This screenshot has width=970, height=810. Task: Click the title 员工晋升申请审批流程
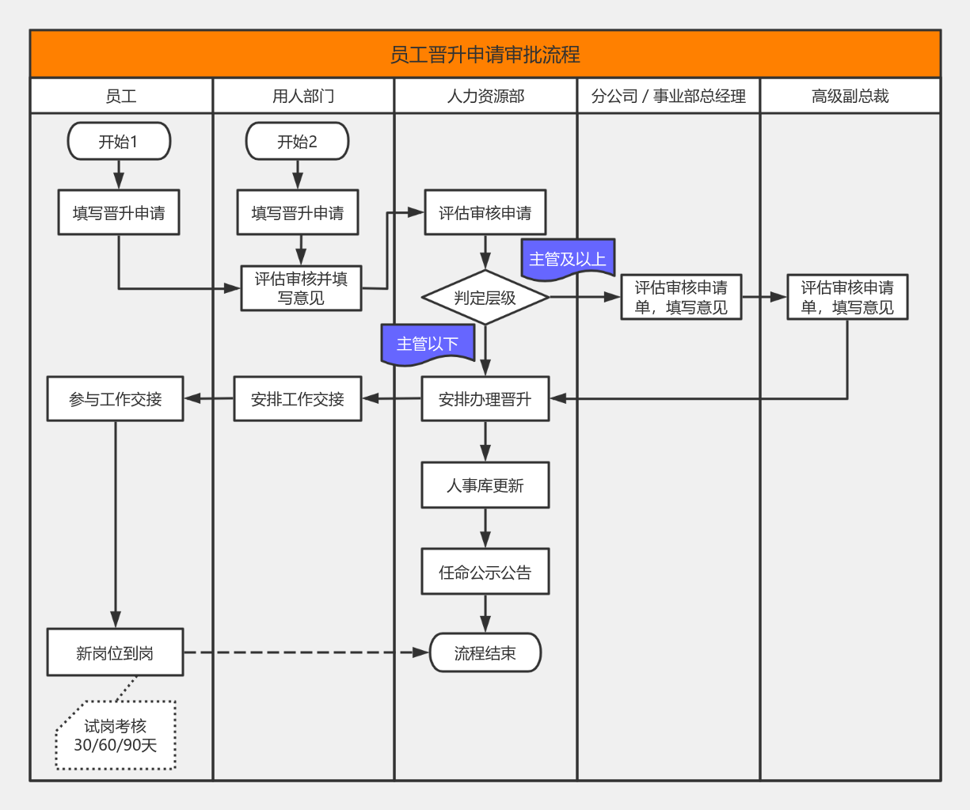point(485,55)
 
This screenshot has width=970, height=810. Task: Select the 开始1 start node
point(119,142)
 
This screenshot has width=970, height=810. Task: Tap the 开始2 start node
point(297,142)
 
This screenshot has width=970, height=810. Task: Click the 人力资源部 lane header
point(485,96)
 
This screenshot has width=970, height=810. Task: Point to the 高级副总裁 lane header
point(850,96)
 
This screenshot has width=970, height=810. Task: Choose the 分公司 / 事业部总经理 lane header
point(668,96)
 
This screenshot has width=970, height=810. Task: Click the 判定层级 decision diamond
point(485,298)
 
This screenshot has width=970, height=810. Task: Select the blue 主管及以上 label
point(568,259)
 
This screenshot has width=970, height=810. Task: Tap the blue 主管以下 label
point(428,344)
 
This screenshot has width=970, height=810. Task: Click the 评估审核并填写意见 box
point(301,288)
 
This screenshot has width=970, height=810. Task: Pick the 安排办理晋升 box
point(485,399)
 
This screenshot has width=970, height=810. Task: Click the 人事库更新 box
point(485,485)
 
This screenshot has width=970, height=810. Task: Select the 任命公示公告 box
point(485,572)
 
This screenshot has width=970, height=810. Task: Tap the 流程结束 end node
point(485,653)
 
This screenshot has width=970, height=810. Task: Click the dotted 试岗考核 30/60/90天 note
point(116,736)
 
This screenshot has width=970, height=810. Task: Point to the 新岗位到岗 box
point(115,653)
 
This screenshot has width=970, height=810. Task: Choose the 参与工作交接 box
point(115,399)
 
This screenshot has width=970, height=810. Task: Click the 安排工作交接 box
point(298,399)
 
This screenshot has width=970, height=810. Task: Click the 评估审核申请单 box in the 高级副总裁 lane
point(847,298)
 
